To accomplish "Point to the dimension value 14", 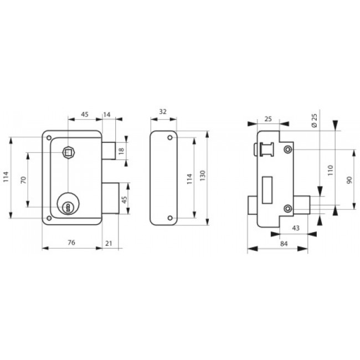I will (x=107, y=115).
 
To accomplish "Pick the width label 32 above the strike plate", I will (x=163, y=111).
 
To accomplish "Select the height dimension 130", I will (x=203, y=175).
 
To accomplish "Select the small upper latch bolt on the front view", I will (x=108, y=150).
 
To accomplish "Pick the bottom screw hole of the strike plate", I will (x=169, y=215).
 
